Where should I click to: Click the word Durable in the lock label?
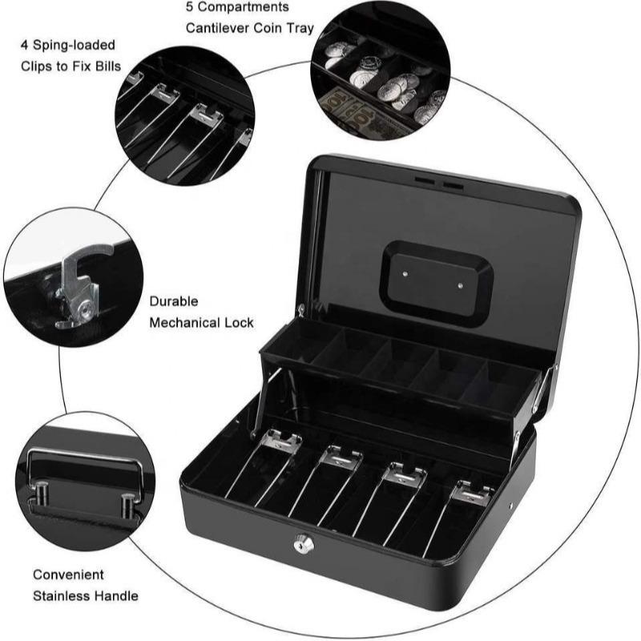[x=174, y=302]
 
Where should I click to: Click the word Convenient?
[x=69, y=574]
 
